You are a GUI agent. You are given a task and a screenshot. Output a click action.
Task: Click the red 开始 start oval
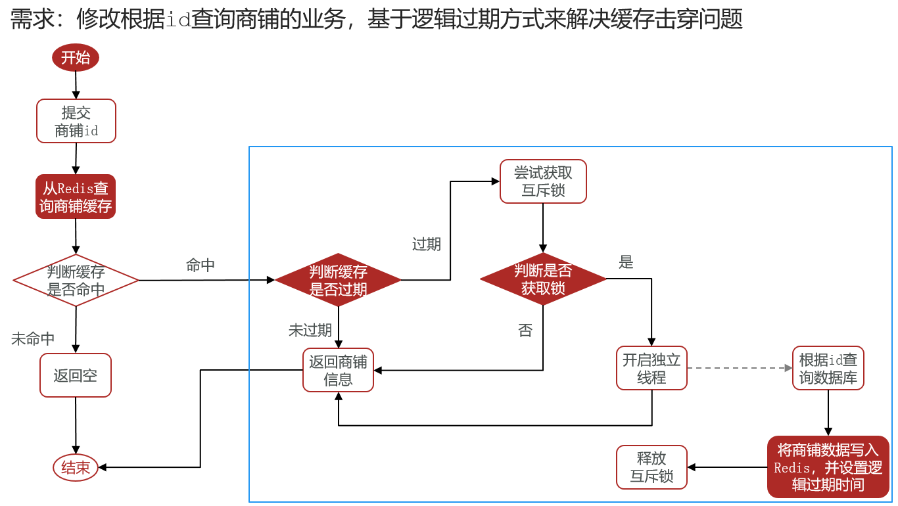click(76, 57)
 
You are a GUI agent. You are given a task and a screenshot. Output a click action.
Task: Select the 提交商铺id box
click(76, 121)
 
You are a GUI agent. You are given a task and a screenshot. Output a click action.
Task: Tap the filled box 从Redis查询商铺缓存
click(76, 196)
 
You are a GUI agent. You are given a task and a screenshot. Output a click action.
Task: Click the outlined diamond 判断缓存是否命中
click(76, 280)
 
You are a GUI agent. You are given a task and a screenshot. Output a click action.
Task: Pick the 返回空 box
click(76, 375)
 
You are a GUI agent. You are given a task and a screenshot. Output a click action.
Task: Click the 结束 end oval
click(76, 467)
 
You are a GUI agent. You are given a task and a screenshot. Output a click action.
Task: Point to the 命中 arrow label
click(201, 265)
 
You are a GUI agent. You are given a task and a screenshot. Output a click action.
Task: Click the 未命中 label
click(33, 339)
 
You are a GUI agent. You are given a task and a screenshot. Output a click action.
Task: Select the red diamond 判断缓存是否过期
click(338, 280)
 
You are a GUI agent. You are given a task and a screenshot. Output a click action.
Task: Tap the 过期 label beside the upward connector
click(427, 244)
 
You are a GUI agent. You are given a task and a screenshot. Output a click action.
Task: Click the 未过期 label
click(310, 331)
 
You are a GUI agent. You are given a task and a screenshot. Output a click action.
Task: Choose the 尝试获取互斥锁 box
click(543, 181)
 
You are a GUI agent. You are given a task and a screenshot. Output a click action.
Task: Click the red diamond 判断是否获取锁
click(543, 279)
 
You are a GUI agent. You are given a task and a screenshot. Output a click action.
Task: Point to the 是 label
click(626, 262)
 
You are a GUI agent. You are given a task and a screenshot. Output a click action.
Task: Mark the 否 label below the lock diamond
click(525, 331)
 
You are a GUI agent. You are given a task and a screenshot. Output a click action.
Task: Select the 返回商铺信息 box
click(339, 370)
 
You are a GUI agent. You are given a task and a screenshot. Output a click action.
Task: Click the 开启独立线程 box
click(652, 368)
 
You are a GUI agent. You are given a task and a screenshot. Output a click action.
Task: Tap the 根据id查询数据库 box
click(828, 368)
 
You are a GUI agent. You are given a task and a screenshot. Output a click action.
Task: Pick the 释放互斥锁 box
click(652, 467)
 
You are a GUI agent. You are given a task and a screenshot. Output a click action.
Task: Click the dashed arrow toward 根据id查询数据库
click(740, 368)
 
